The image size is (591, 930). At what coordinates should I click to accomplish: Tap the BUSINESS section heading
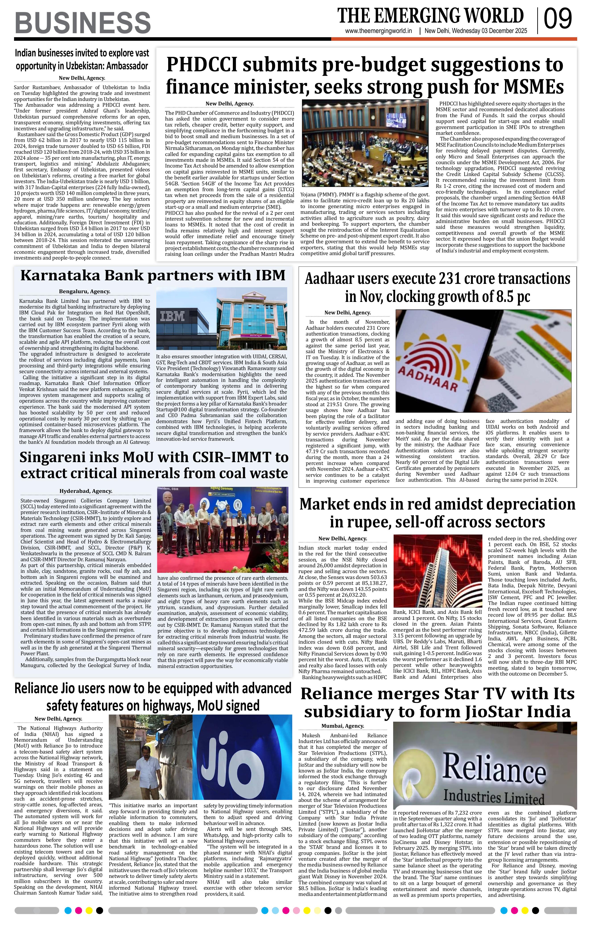tap(83, 23)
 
